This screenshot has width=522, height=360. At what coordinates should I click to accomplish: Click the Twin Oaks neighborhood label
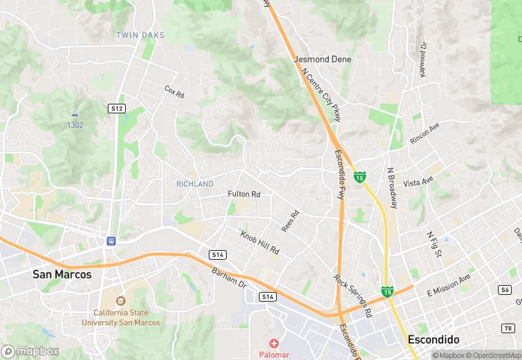tap(140, 35)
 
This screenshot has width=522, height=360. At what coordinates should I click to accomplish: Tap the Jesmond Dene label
tap(322, 60)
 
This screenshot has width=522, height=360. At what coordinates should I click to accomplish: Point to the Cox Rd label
tap(174, 91)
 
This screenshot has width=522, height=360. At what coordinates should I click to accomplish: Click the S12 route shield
tap(117, 109)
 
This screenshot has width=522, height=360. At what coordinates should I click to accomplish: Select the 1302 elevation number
tap(75, 125)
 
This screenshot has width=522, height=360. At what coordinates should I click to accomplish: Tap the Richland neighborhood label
tap(194, 184)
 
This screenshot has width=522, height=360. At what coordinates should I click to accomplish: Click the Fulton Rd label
tap(244, 194)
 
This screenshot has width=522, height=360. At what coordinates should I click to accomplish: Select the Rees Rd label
tap(291, 221)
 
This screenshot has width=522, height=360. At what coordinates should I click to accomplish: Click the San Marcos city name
tap(62, 274)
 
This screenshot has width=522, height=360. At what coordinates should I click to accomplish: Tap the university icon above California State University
tap(121, 300)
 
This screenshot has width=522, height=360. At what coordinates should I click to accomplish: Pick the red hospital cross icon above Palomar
tap(273, 343)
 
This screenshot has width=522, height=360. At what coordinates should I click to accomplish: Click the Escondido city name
tap(433, 339)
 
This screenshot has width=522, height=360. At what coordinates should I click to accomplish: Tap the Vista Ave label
tap(418, 182)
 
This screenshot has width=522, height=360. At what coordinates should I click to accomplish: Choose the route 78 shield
tap(508, 328)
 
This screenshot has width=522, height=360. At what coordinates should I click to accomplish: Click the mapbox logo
tap(30, 351)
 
